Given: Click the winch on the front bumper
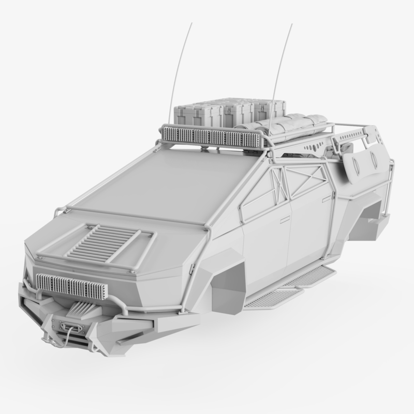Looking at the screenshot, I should pos(68,327).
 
